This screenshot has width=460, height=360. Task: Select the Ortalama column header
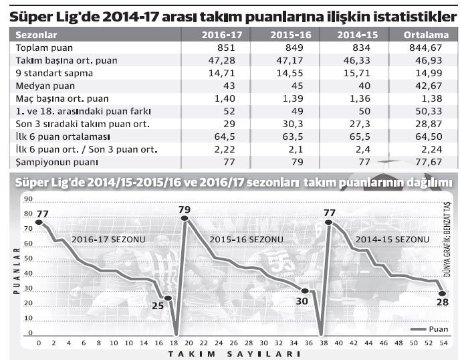tap(423, 35)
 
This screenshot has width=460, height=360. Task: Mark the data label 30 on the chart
tap(302, 300)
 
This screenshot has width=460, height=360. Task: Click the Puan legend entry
tap(432, 329)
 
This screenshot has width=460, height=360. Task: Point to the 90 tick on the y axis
tap(27, 199)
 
